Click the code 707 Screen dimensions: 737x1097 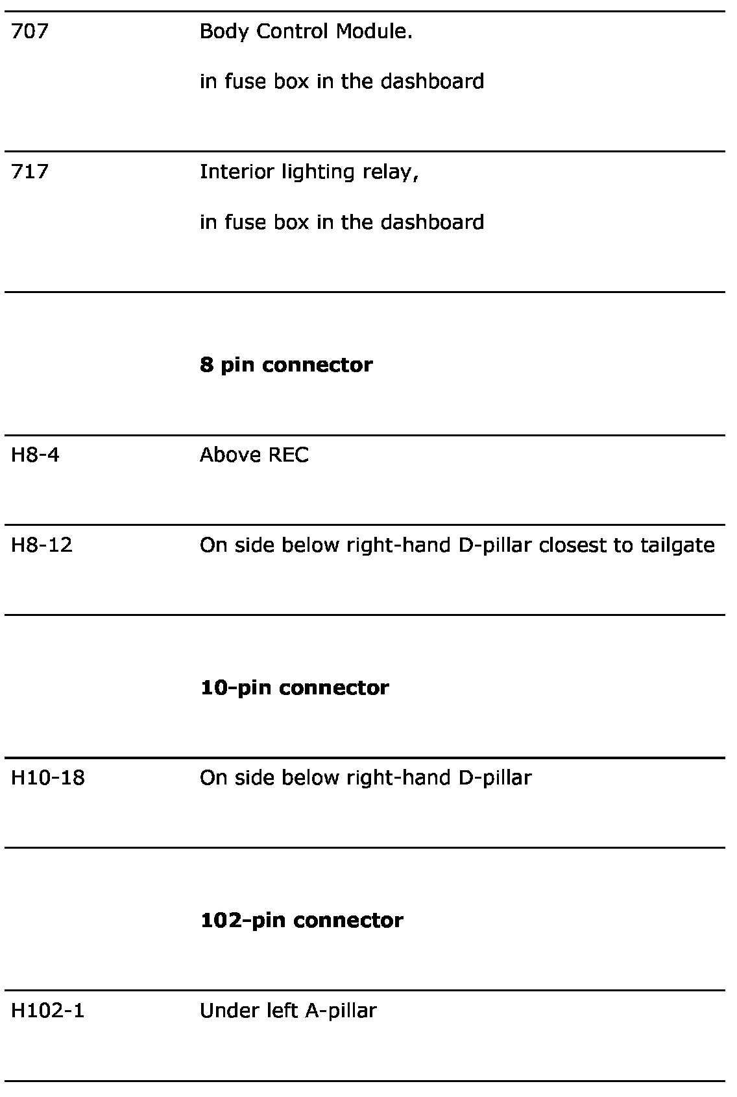point(29,31)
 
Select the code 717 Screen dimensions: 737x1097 point(29,172)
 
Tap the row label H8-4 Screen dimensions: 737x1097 point(35,455)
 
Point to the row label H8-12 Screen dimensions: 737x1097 point(42,545)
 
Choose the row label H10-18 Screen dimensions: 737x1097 point(47,777)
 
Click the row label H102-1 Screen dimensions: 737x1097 point(47,1010)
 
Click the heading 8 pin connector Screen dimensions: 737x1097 point(286,364)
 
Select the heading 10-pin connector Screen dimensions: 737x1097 point(295,687)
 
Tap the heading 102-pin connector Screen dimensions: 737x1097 point(302,920)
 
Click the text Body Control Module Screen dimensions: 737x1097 point(306,31)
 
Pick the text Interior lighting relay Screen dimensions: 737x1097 point(309,172)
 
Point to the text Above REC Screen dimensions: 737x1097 point(254,455)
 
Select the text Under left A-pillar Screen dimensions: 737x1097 point(287,1010)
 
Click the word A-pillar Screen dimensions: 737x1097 point(341,1010)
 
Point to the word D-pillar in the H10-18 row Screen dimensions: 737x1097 point(494,777)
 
